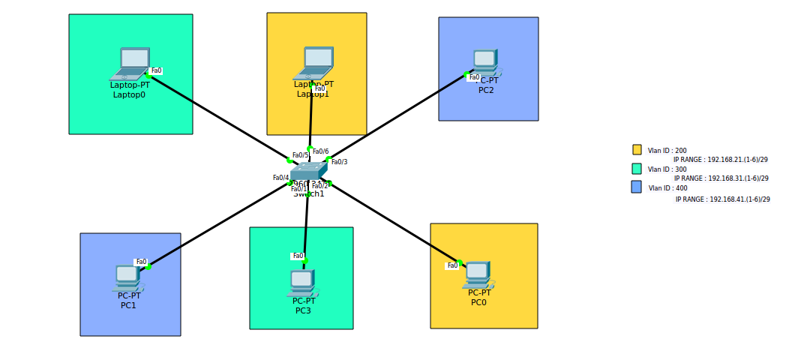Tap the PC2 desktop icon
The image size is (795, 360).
[485, 61]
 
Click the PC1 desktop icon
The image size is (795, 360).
[127, 277]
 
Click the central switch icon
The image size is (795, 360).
[308, 172]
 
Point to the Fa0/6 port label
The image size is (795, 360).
[320, 151]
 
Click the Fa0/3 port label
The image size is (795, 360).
[339, 162]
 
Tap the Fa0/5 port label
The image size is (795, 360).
[300, 155]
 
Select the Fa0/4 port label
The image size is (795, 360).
[280, 178]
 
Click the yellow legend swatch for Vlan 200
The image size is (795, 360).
[637, 150]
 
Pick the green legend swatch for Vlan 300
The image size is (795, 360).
[637, 169]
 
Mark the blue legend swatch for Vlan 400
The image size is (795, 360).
[637, 187]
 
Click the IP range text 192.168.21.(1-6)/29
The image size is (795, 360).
[720, 160]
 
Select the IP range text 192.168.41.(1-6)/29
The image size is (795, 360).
[722, 199]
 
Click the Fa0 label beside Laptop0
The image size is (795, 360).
[156, 71]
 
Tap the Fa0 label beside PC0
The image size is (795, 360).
[452, 265]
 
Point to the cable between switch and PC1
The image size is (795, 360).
[217, 223]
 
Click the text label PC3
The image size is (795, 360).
[303, 310]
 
